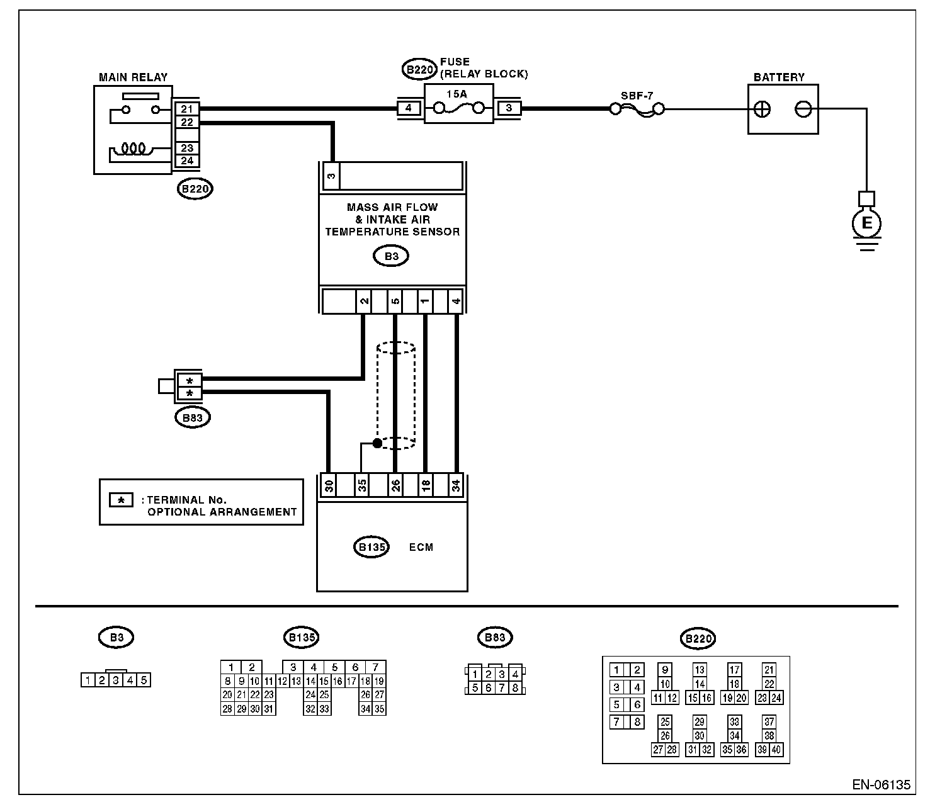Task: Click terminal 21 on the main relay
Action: click(x=187, y=109)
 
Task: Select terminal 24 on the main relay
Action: click(x=187, y=161)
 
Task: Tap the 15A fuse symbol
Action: click(x=458, y=108)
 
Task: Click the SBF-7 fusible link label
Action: click(x=637, y=96)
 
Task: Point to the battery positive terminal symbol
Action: click(x=762, y=110)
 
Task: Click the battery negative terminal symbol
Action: click(x=803, y=110)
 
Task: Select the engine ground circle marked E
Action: click(x=866, y=223)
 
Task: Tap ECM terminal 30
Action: click(x=329, y=485)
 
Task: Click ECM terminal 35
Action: click(x=362, y=485)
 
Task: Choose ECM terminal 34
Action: click(x=455, y=485)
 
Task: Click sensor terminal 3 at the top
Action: click(x=331, y=176)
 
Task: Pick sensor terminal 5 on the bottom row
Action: click(x=395, y=301)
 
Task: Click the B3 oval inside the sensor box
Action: click(x=391, y=256)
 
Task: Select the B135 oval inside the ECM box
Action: click(x=371, y=547)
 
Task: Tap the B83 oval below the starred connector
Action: click(x=193, y=418)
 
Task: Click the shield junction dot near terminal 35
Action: click(x=377, y=443)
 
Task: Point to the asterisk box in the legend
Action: click(x=121, y=500)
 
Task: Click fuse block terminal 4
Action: click(x=408, y=108)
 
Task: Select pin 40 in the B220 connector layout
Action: click(x=776, y=750)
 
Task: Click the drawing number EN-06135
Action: click(x=881, y=785)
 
